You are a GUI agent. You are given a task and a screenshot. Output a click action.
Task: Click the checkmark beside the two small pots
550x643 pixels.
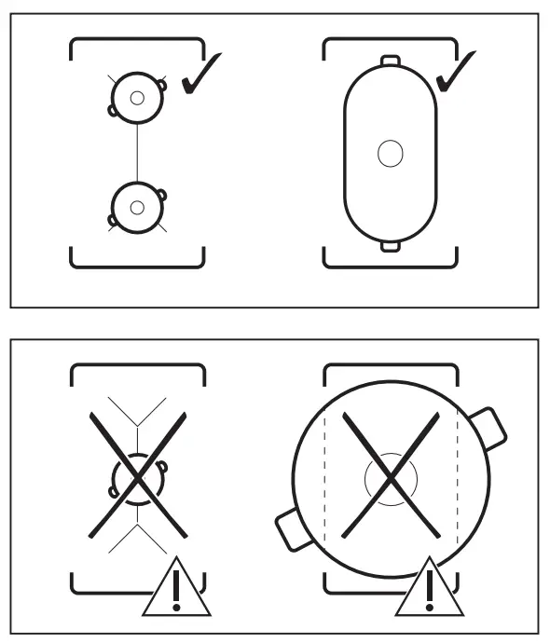coord(199,75)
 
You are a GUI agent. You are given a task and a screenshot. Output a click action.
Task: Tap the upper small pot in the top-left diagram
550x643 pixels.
coord(137,97)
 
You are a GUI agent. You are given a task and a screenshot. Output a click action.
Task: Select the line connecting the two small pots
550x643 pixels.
coord(137,152)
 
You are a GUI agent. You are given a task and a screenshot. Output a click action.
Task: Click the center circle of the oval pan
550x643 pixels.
coord(390,153)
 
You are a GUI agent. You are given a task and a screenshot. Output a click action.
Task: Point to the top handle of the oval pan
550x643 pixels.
coord(390,62)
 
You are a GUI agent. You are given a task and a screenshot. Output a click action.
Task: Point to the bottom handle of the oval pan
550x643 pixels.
coord(390,245)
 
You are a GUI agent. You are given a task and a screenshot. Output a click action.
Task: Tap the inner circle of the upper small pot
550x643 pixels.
coord(137,97)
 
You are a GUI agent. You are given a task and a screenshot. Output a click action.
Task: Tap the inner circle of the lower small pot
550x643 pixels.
coord(137,207)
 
